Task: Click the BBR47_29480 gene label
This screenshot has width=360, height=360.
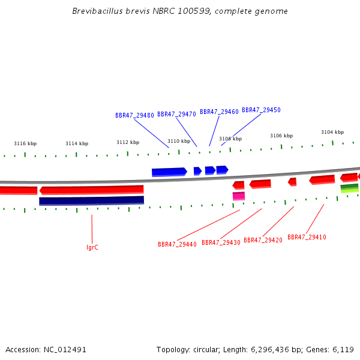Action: tap(134, 115)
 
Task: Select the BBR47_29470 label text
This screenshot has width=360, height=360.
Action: tap(176, 114)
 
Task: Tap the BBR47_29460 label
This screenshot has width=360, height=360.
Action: tap(219, 112)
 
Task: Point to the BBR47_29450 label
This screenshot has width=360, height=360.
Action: tap(261, 110)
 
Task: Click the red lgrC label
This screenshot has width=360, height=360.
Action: tap(92, 247)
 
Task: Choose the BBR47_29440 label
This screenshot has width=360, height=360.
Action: tap(177, 244)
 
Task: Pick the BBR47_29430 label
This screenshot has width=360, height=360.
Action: tap(221, 242)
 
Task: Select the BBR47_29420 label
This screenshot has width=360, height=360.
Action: tap(263, 240)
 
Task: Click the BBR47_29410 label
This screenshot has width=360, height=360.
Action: tap(307, 237)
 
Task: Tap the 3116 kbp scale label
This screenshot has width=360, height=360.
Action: tap(25, 143)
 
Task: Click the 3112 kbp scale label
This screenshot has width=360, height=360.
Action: tap(128, 142)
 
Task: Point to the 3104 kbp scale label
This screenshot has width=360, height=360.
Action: tap(332, 132)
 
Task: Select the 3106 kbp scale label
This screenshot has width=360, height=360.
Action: tap(281, 136)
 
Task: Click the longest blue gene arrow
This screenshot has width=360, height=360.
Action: tap(169, 172)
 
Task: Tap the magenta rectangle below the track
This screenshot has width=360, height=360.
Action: tap(239, 196)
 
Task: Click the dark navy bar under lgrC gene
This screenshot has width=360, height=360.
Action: tap(92, 200)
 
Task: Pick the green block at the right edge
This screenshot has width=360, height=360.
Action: tap(349, 188)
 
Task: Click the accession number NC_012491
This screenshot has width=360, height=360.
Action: tap(65, 350)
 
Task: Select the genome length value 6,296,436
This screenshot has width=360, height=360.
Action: tap(269, 350)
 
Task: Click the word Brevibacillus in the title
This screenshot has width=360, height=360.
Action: tap(98, 11)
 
